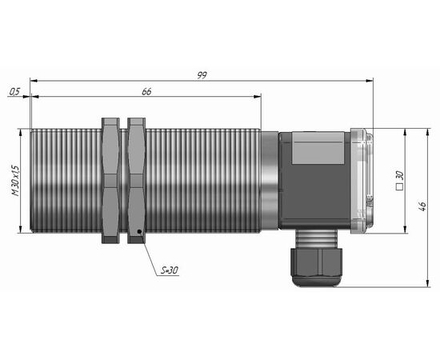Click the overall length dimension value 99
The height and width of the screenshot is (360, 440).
pos(202,75)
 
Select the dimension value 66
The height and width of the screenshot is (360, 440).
pos(146,91)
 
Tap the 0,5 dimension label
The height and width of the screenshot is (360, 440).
pos(14,91)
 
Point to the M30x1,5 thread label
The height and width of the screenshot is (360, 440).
pos(15,181)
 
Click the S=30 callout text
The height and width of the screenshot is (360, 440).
pos(170,270)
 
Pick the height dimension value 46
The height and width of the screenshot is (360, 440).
pos(422,206)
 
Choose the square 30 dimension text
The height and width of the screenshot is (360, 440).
pos(399,181)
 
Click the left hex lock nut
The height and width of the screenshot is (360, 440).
pos(110,181)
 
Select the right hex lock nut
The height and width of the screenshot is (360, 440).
pos(137,181)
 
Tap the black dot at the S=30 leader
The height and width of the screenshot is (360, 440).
pos(139,231)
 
